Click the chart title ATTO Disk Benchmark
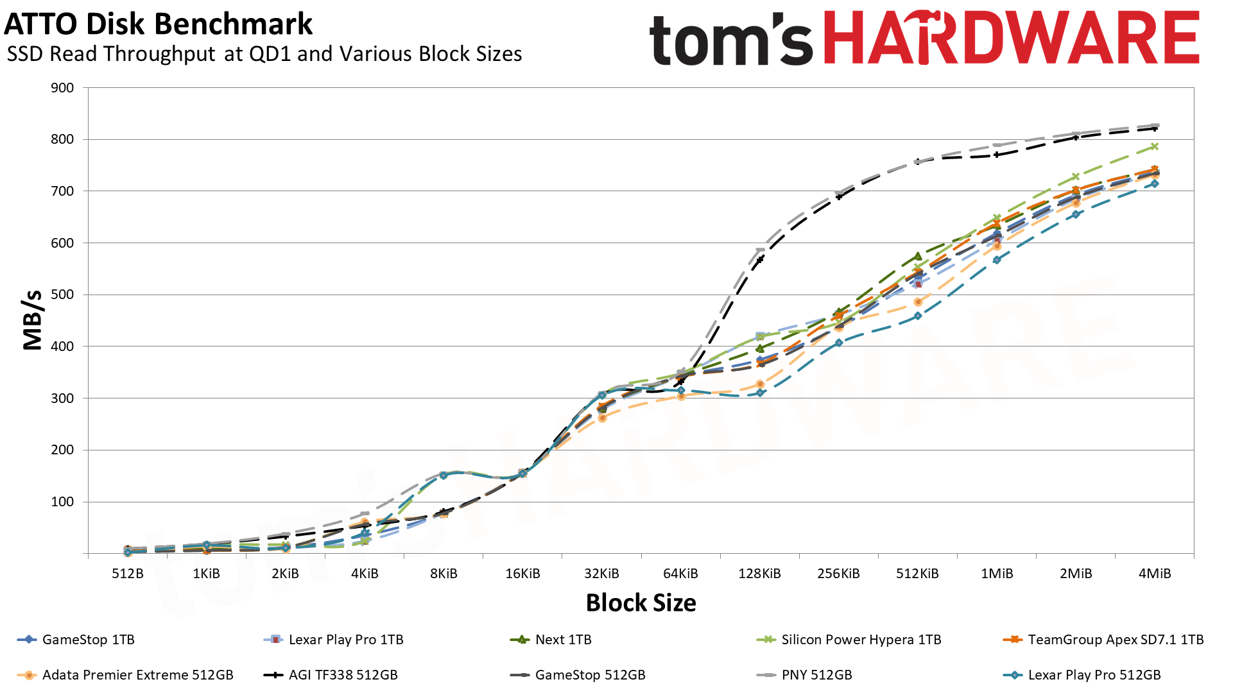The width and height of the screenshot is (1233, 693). click(x=158, y=24)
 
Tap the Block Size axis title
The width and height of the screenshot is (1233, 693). click(x=641, y=603)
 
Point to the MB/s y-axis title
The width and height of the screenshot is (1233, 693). click(x=32, y=320)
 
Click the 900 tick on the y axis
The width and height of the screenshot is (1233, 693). click(x=62, y=88)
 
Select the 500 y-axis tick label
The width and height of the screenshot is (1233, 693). click(x=62, y=295)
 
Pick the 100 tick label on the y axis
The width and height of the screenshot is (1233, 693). click(x=62, y=502)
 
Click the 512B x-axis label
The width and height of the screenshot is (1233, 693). click(x=127, y=574)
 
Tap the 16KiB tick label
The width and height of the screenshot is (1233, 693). click(x=522, y=574)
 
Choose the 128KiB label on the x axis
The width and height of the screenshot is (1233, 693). click(x=759, y=574)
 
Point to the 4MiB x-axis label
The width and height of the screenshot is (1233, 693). click(x=1154, y=574)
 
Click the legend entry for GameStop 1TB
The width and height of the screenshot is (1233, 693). click(x=88, y=640)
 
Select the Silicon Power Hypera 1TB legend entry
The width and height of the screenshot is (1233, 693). click(x=861, y=640)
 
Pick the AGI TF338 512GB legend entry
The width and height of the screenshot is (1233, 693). click(x=343, y=675)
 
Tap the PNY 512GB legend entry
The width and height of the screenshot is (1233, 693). click(x=816, y=675)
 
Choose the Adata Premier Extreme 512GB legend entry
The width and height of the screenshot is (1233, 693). click(x=137, y=675)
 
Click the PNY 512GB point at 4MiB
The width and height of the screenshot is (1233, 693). click(x=1155, y=126)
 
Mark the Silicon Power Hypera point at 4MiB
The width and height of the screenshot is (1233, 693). click(x=1155, y=146)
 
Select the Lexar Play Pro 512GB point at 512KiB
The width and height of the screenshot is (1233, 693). click(x=918, y=316)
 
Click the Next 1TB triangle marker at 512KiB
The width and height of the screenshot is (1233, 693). click(x=918, y=256)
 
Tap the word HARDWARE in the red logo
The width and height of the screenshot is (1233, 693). click(x=1011, y=38)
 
